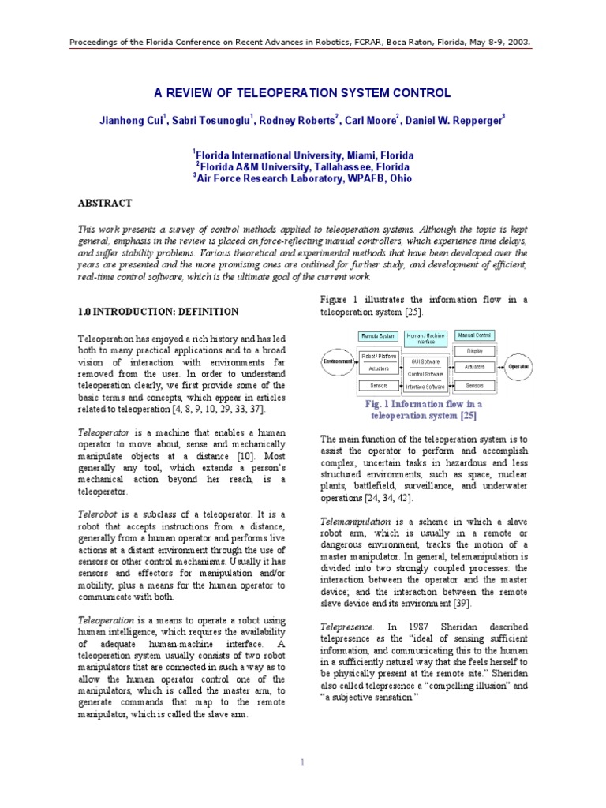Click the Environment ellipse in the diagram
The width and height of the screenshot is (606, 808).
pyautogui.click(x=336, y=361)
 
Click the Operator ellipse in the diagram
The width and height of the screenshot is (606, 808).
pyautogui.click(x=518, y=367)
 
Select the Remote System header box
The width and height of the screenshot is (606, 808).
pyautogui.click(x=378, y=336)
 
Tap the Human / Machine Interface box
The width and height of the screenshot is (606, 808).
pyautogui.click(x=426, y=339)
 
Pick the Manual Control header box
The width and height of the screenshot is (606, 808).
pyautogui.click(x=475, y=336)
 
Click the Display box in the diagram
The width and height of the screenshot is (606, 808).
pyautogui.click(x=474, y=350)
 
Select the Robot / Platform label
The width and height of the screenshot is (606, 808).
pyautogui.click(x=378, y=356)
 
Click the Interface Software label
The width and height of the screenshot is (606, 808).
pyautogui.click(x=426, y=387)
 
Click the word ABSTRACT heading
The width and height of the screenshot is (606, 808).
pyautogui.click(x=104, y=203)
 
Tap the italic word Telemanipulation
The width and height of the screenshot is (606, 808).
pyautogui.click(x=355, y=522)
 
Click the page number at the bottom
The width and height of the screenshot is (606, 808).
pyautogui.click(x=303, y=762)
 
